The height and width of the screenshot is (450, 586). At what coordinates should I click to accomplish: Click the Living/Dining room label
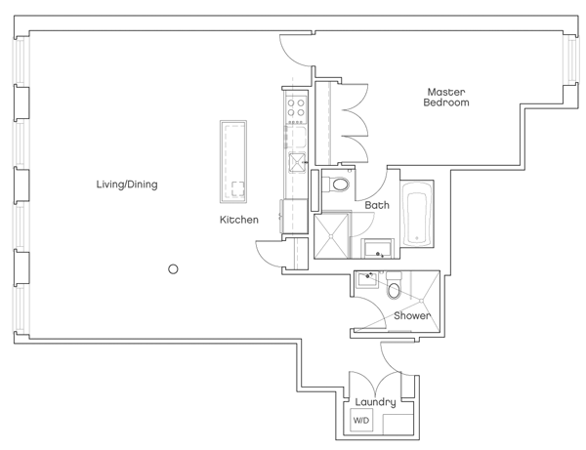pos(127,184)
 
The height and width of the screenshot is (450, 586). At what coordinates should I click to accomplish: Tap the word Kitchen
pos(239,221)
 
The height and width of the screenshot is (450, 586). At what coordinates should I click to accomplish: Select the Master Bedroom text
pos(446,98)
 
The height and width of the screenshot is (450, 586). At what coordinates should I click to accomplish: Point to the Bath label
pos(377,206)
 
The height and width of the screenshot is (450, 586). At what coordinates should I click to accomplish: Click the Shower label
pos(412,316)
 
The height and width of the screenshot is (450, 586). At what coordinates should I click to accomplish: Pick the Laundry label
pos(375,402)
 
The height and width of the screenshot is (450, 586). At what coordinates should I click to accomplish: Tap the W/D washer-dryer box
pos(361,421)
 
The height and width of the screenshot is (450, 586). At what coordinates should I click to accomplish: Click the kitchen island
pos(234,161)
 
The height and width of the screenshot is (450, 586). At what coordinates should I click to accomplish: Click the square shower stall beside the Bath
pos(332,234)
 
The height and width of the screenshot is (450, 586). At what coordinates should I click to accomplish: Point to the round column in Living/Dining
pos(173,269)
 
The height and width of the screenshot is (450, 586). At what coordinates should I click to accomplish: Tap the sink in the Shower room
pos(366,280)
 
